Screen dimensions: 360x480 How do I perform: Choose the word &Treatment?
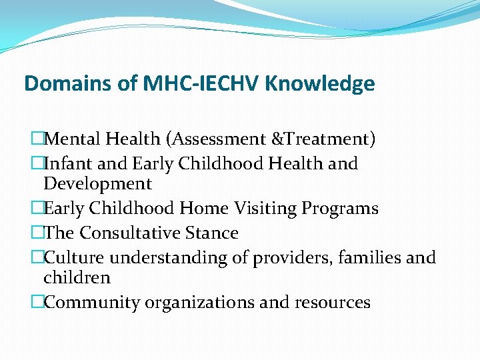pyautogui.click(x=325, y=139)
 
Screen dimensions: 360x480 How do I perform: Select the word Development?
pyautogui.click(x=97, y=183)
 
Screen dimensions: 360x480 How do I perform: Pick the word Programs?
pyautogui.click(x=340, y=209)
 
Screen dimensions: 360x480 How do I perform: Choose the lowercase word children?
pyautogui.click(x=77, y=277)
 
